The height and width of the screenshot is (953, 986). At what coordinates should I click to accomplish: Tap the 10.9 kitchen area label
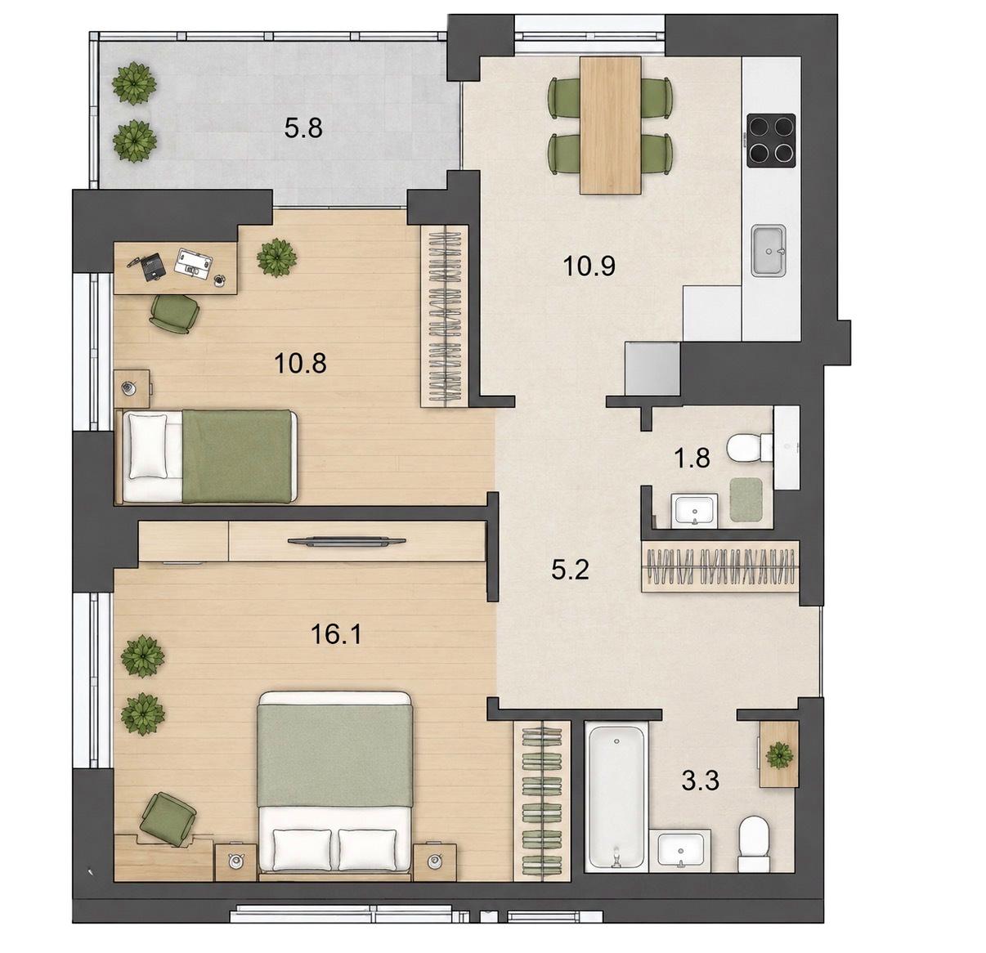[589, 266]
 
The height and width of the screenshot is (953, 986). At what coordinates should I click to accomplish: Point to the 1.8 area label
[692, 459]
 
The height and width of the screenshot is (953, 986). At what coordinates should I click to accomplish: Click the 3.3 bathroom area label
[700, 781]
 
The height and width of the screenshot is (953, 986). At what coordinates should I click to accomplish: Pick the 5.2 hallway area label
[570, 570]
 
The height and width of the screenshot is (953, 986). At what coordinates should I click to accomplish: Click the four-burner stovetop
[771, 141]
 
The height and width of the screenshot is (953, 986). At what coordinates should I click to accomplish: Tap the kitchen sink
[769, 250]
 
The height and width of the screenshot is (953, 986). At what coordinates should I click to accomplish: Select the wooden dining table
[610, 125]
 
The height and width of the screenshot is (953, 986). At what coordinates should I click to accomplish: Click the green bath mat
[746, 499]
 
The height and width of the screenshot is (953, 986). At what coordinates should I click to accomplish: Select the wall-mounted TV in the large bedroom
[347, 541]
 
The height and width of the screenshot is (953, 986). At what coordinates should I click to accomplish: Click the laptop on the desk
[193, 262]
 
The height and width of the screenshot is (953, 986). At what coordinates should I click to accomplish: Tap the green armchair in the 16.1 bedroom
[168, 820]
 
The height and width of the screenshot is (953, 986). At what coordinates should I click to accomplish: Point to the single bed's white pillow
[148, 445]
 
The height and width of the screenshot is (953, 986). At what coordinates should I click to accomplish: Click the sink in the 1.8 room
[693, 511]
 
